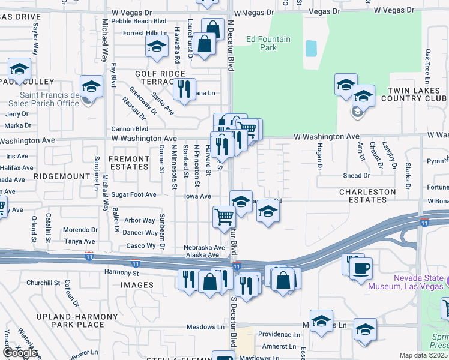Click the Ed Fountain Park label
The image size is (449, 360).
click(x=268, y=44)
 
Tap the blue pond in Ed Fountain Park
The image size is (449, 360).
click(x=311, y=48)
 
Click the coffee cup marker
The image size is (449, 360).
click(x=361, y=268)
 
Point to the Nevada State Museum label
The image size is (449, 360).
click(x=420, y=283)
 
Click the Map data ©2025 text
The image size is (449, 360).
click(x=424, y=355)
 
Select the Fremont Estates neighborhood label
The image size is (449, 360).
click(x=128, y=163)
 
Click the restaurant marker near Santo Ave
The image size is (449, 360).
click(x=184, y=88)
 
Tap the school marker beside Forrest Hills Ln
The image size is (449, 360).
click(x=157, y=46)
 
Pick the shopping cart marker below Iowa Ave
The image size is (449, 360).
click(x=224, y=216)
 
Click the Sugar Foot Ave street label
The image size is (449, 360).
click(x=133, y=195)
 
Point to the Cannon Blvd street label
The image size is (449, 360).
click(x=129, y=128)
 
